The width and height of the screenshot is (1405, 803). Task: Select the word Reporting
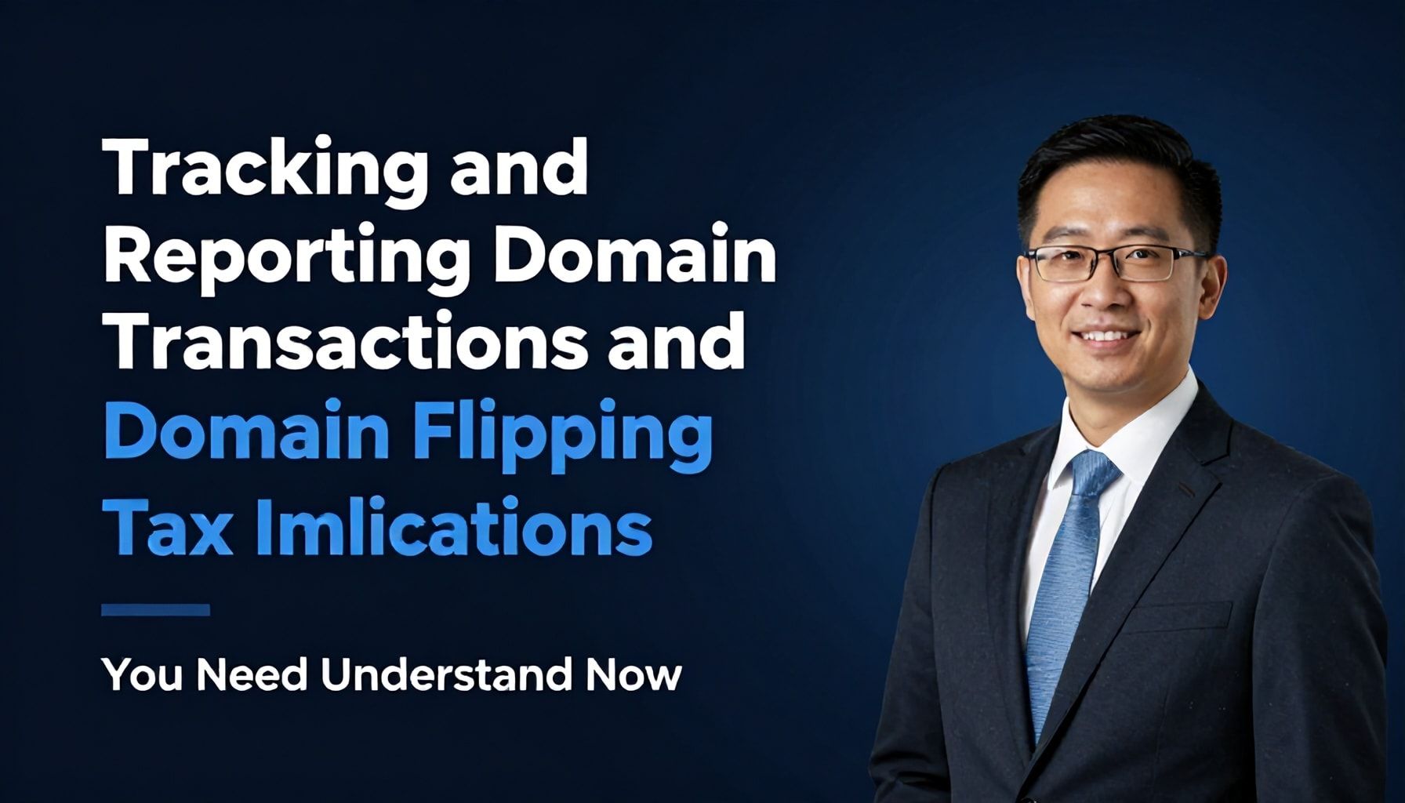coord(286,258)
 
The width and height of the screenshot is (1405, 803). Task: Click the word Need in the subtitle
coord(252,675)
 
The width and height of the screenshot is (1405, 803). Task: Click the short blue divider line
coord(156,610)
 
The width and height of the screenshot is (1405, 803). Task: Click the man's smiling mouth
coord(1106,337)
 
